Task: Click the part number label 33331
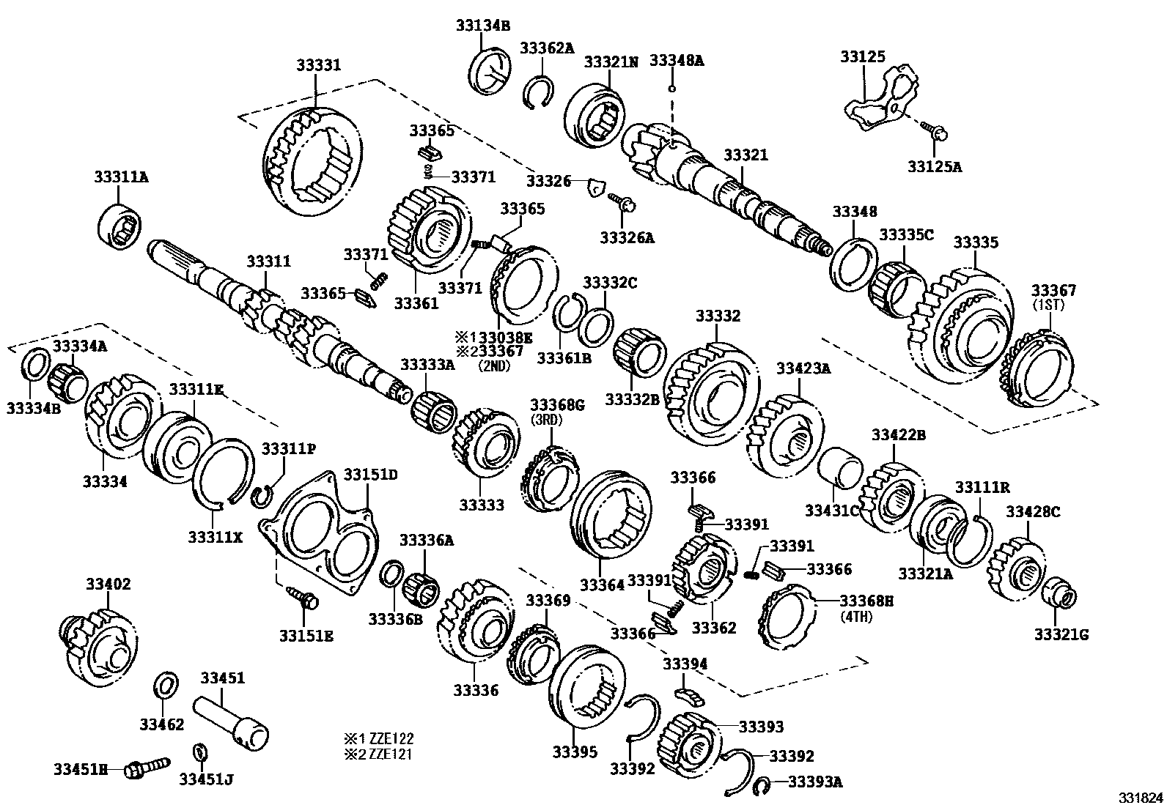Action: click(318, 65)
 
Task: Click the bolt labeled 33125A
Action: click(937, 133)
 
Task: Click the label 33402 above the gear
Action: click(108, 584)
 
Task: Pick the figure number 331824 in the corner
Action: click(1140, 796)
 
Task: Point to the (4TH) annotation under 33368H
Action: click(855, 617)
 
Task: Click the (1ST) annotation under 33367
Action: click(1053, 303)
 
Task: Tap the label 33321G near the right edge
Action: click(1061, 634)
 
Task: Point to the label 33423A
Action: click(803, 368)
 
